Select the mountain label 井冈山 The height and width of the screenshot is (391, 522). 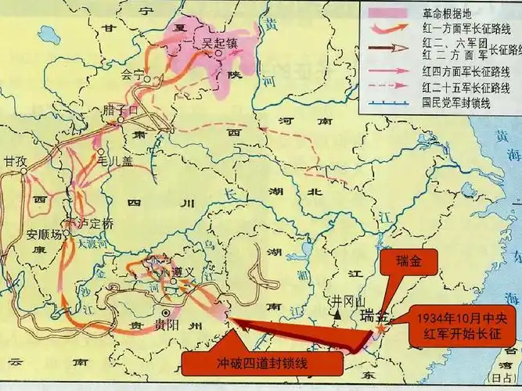(344, 300)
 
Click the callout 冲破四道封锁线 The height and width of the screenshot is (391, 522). (262, 364)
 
